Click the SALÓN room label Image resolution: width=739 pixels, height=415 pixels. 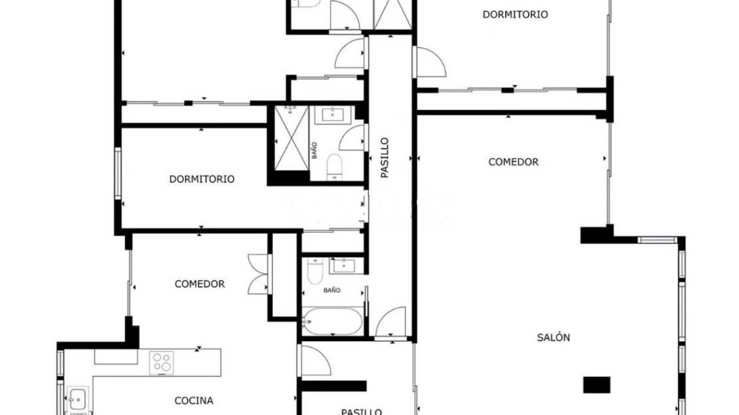click(x=553, y=337)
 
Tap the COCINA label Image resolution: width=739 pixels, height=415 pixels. click(x=194, y=400)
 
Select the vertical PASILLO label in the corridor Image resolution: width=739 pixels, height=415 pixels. click(x=385, y=157)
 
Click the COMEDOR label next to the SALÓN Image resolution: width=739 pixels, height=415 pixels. click(x=513, y=162)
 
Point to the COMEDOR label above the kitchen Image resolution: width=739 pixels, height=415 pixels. click(x=199, y=284)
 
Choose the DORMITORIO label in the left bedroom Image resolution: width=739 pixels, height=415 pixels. click(x=202, y=179)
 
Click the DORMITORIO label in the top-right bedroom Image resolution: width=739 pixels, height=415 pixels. click(x=515, y=15)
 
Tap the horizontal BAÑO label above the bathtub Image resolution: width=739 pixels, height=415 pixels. click(x=332, y=290)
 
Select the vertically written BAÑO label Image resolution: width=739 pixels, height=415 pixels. click(x=314, y=151)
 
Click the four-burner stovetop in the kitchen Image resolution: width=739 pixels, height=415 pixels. click(x=161, y=362)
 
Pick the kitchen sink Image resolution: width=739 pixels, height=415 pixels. click(x=76, y=400)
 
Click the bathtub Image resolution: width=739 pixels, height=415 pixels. click(x=332, y=321)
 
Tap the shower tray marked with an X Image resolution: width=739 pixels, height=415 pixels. click(x=291, y=138)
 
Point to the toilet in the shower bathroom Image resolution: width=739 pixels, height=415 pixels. click(x=334, y=167)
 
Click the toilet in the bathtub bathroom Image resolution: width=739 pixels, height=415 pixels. click(x=315, y=270)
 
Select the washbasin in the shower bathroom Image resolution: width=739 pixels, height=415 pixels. click(x=334, y=115)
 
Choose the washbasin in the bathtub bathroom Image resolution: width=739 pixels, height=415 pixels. click(x=347, y=266)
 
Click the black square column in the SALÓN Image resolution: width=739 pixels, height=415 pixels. click(x=597, y=385)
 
